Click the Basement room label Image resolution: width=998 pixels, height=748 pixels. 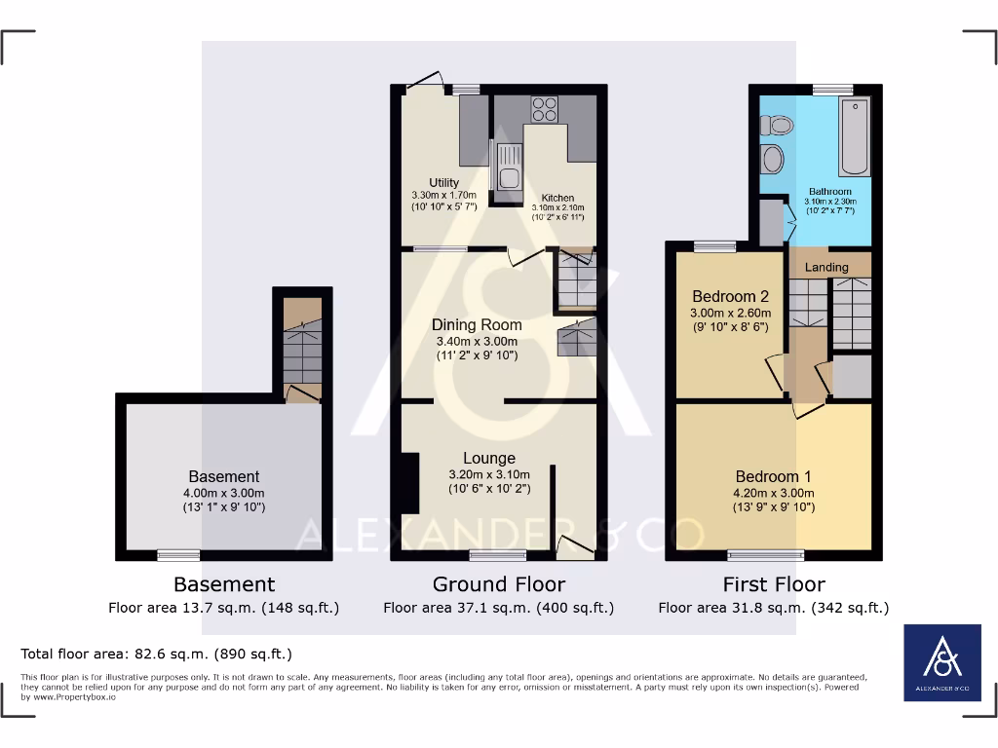coord(224,476)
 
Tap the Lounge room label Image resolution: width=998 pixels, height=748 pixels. coord(489,458)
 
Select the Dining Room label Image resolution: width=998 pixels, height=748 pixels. coord(478,324)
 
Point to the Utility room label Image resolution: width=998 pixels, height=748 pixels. coord(444,182)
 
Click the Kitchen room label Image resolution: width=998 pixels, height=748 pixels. coord(558,198)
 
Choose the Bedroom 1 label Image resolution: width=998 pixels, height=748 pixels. coord(774,476)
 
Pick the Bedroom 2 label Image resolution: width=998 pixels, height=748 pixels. coord(731,296)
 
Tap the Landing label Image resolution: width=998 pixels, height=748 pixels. coord(826,267)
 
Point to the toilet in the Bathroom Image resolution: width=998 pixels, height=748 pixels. coord(777,126)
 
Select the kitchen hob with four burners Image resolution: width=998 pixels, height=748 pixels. coord(545,108)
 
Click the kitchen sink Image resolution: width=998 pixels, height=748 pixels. coord(508,166)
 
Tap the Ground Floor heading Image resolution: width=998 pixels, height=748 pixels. coord(498,584)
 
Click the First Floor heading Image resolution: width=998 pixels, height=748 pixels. coord(774,584)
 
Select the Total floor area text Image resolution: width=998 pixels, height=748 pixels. coord(156,654)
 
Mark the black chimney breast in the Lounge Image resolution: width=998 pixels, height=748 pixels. coord(409,483)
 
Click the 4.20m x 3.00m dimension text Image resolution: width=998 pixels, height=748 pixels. coord(774,493)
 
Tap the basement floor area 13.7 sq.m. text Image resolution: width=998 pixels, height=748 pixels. coord(224,608)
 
